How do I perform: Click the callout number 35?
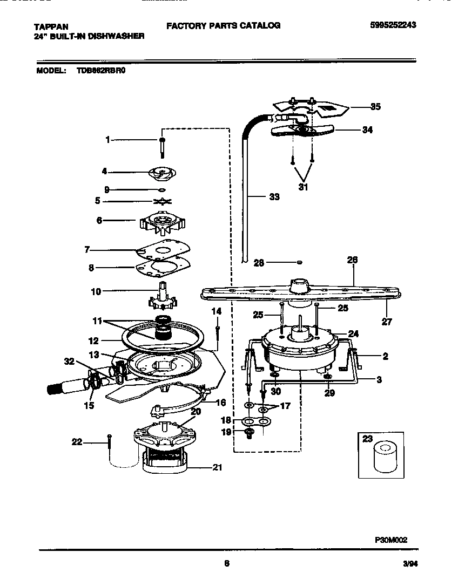[x=375, y=107]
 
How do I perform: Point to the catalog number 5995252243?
[x=393, y=25]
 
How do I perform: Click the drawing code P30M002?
[x=391, y=539]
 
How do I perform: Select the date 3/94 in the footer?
[x=410, y=564]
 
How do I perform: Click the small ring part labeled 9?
[x=161, y=190]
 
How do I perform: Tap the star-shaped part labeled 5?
[x=161, y=202]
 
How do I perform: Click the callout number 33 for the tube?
[x=274, y=197]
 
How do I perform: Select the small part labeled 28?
[x=300, y=262]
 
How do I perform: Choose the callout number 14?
[x=216, y=311]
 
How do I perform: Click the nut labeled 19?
[x=250, y=432]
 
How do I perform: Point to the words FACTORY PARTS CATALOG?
[x=223, y=25]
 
